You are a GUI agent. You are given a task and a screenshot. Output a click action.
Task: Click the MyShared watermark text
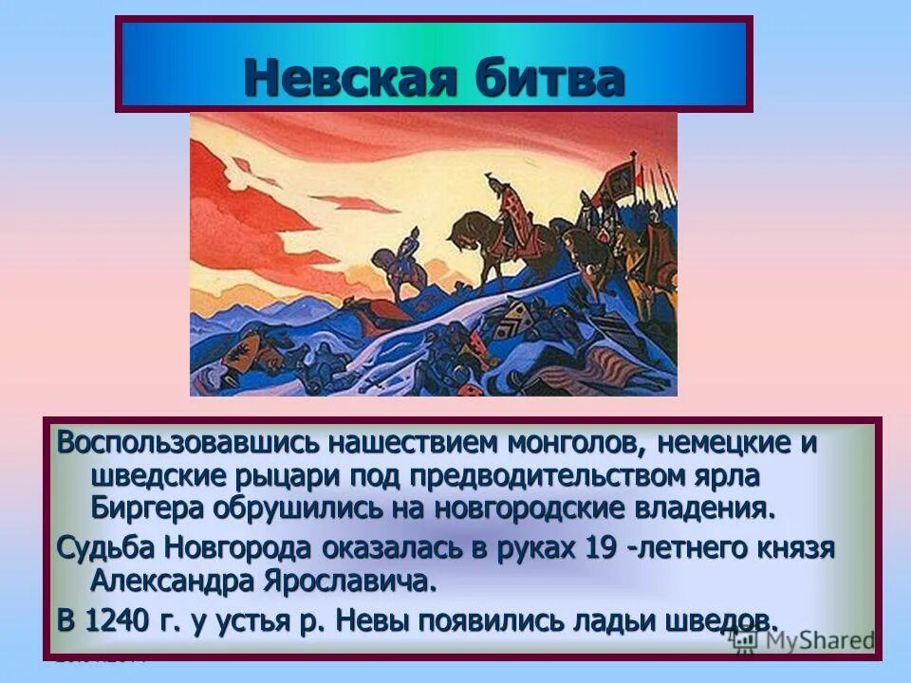pos(816,640)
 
